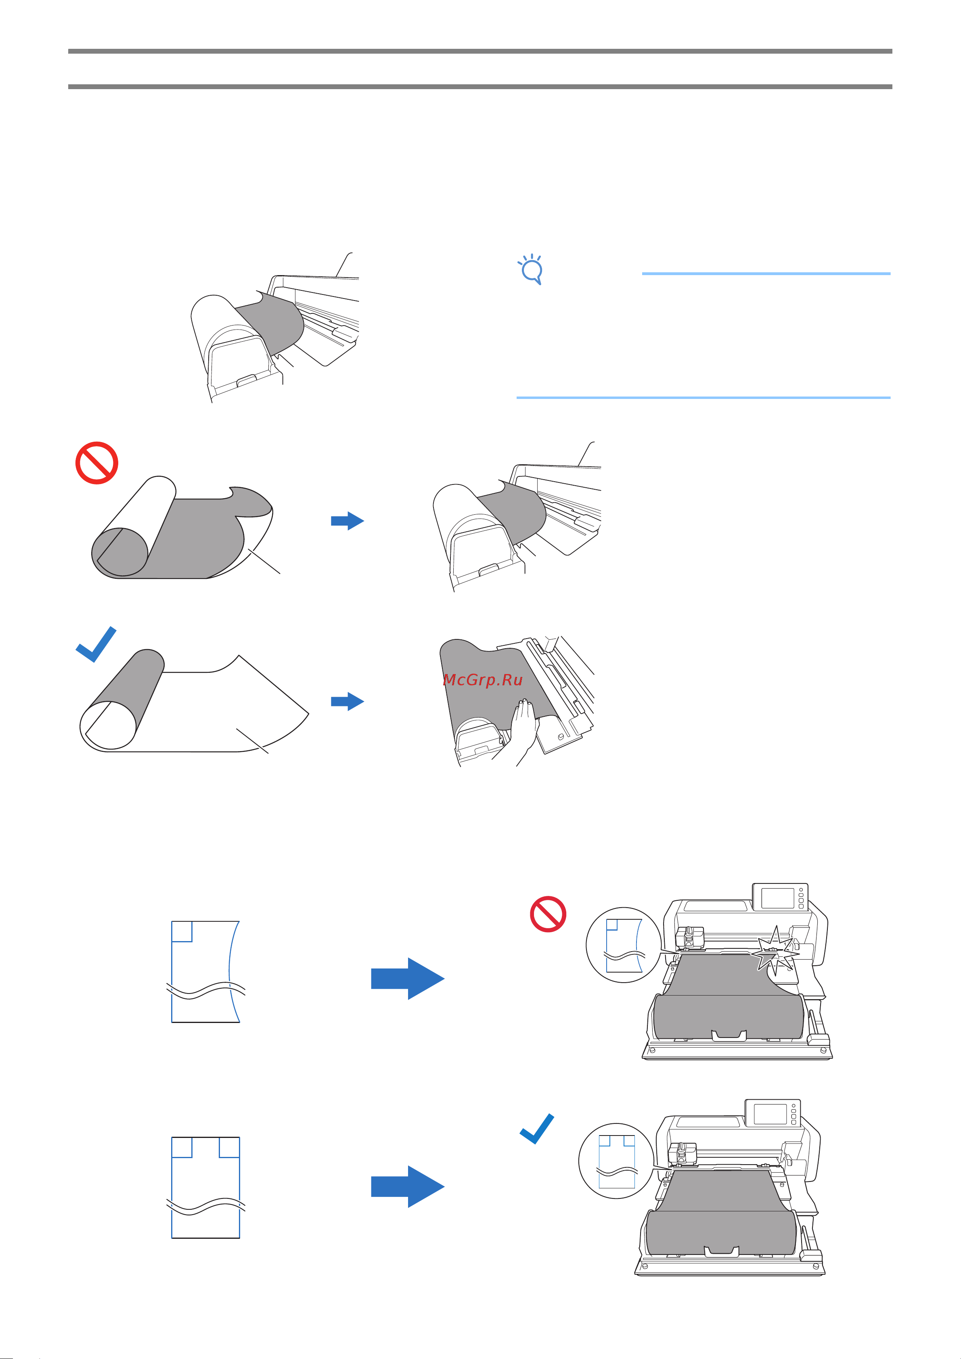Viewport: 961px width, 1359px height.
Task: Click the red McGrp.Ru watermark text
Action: click(483, 679)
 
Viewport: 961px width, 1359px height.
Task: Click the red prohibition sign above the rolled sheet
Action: click(96, 463)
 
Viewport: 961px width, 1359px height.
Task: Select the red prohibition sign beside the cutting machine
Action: click(548, 914)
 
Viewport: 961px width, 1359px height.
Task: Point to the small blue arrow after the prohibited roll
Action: click(347, 521)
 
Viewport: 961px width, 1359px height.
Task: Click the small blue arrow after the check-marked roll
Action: click(347, 701)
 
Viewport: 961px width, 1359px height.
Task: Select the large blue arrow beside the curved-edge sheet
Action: click(407, 979)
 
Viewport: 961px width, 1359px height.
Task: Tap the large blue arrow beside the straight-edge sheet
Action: click(407, 1187)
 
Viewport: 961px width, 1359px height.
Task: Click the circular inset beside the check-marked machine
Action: click(616, 1161)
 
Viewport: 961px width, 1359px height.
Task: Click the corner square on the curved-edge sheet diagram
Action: click(182, 931)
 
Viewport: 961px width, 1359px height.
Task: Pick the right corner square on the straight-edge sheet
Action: click(229, 1147)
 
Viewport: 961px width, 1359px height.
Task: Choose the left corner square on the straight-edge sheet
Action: click(182, 1147)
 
